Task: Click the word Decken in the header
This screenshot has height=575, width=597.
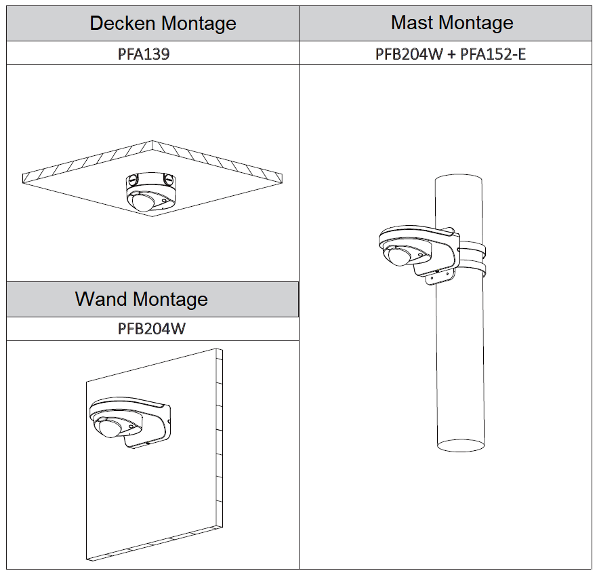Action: click(121, 24)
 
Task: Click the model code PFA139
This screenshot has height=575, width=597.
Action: click(143, 54)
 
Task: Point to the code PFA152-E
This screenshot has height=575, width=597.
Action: click(493, 54)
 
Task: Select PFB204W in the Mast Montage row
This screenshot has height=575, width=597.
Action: click(409, 54)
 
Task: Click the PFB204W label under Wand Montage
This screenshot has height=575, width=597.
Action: click(152, 329)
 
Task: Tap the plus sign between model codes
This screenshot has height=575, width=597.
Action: click(451, 54)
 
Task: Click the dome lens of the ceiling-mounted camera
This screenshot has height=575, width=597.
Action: click(142, 202)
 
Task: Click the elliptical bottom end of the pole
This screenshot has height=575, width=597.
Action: click(459, 445)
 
